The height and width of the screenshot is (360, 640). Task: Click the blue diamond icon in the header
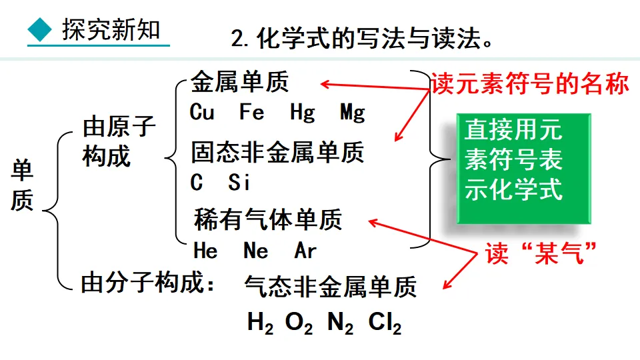(x=40, y=29)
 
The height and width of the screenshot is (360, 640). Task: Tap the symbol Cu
(x=202, y=112)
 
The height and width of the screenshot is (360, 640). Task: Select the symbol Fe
(x=252, y=112)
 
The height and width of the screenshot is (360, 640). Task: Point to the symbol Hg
(x=302, y=113)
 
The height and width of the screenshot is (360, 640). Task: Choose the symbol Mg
(x=352, y=113)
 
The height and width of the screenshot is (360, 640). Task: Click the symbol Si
(x=239, y=182)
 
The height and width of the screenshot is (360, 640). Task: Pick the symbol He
(x=205, y=251)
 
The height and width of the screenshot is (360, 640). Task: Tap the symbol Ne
(x=255, y=251)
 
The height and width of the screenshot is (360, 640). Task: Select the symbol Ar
(x=305, y=251)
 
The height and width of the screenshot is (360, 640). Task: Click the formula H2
(x=260, y=324)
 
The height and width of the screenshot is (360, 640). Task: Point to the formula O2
(x=299, y=324)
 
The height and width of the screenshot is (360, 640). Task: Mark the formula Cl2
(x=385, y=324)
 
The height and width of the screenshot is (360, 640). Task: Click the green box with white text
(x=523, y=168)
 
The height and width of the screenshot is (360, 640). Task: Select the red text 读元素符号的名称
(x=530, y=83)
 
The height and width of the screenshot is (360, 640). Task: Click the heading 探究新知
(x=111, y=30)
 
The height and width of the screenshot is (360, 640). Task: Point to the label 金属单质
(x=240, y=83)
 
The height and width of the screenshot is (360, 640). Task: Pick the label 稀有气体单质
(x=268, y=219)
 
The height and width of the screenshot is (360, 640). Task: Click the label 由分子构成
(x=148, y=284)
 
